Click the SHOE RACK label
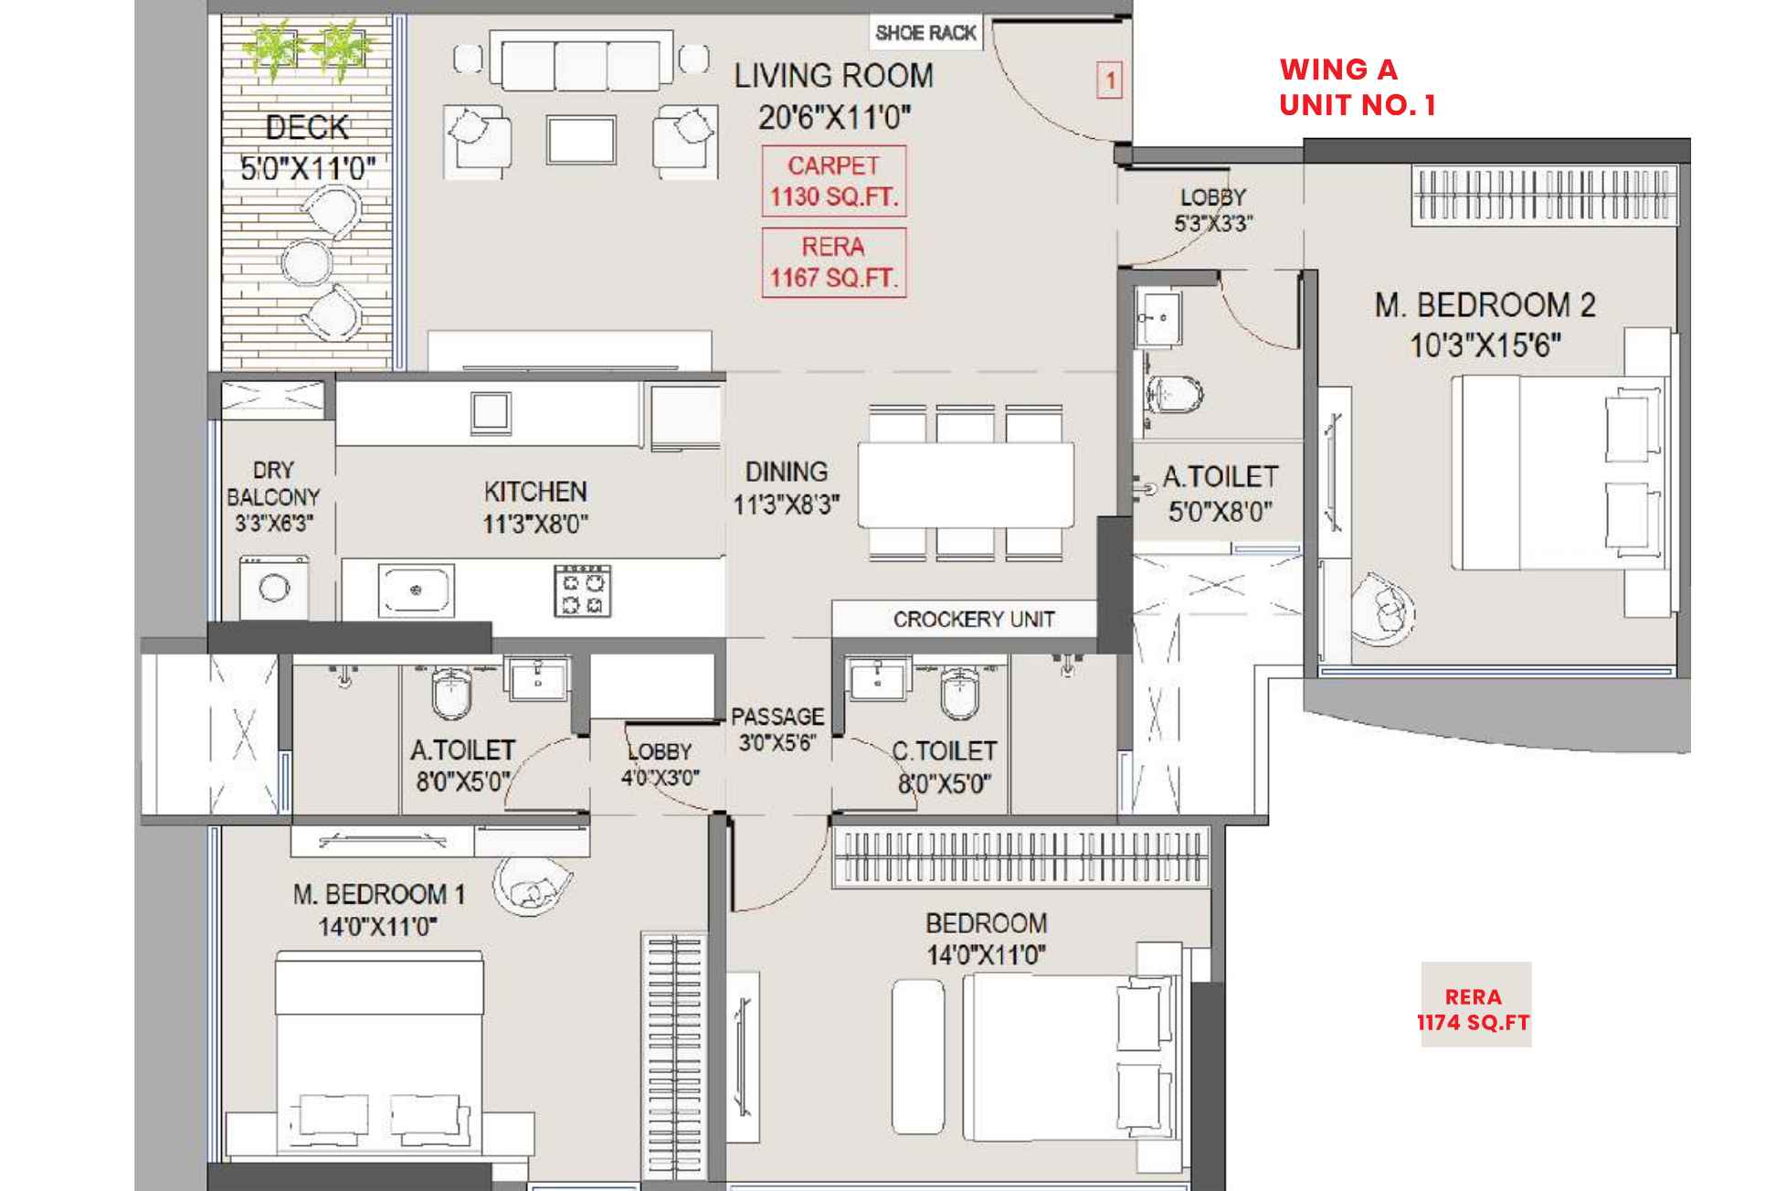(x=925, y=34)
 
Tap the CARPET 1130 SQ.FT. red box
(x=833, y=181)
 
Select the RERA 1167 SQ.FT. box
(x=833, y=262)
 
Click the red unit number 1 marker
(x=1109, y=80)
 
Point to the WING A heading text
(x=1338, y=69)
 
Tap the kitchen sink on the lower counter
(x=416, y=590)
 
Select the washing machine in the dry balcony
(x=274, y=588)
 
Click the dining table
(x=966, y=484)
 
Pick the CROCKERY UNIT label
(x=973, y=620)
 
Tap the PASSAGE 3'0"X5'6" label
(x=777, y=728)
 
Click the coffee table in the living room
(x=581, y=139)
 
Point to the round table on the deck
(x=305, y=263)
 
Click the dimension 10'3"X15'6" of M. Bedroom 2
(x=1485, y=346)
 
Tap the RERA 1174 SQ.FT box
(x=1474, y=1009)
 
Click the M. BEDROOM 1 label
(x=378, y=894)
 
